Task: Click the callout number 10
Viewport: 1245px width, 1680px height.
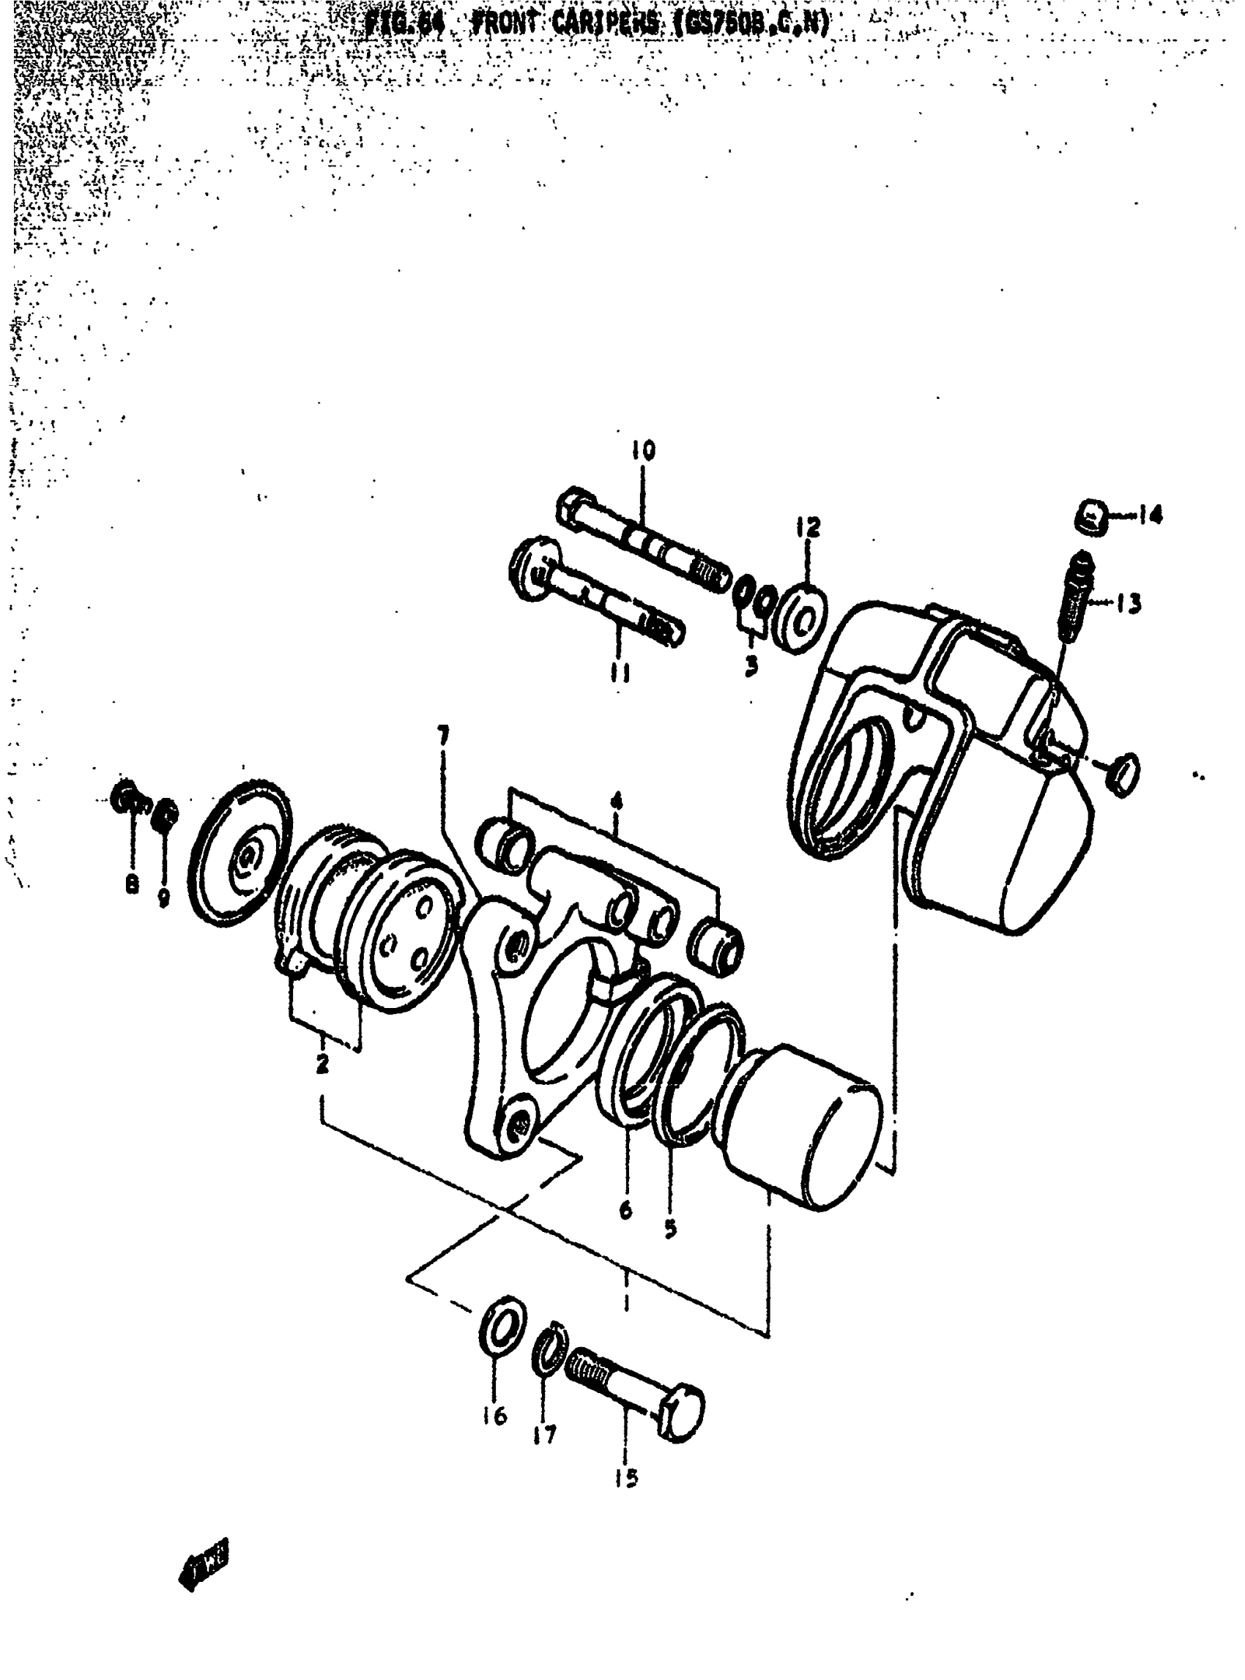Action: (x=643, y=450)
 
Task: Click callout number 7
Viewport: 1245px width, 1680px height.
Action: (x=443, y=735)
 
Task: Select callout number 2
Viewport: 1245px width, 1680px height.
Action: (x=322, y=1064)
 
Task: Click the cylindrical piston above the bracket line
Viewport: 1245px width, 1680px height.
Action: (x=803, y=1123)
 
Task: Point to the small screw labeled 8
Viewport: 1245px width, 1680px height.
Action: (x=127, y=796)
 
